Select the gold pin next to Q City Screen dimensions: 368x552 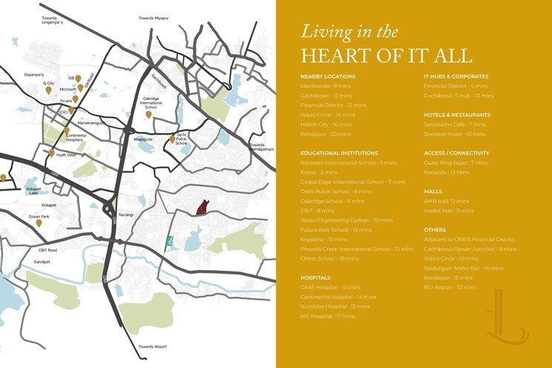49,91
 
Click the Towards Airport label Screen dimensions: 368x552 153,347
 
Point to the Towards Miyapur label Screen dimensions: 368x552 154,17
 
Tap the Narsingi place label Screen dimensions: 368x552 127,214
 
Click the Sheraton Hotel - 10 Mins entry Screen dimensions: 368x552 454,134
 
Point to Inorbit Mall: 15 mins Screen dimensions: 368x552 448,211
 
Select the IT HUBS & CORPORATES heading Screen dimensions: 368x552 456,76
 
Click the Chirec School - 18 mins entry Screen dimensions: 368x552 330,259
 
